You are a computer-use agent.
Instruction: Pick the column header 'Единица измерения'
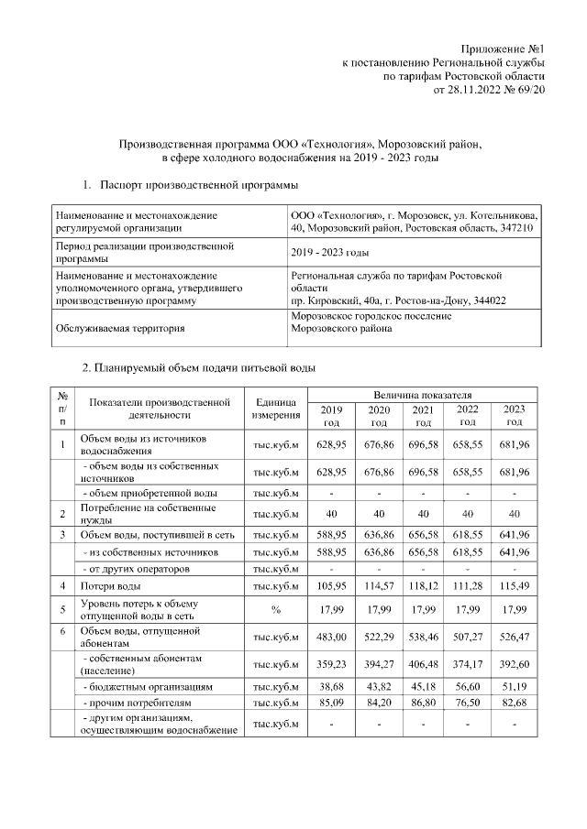[x=276, y=409]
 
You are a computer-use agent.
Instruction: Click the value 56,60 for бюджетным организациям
[x=468, y=685]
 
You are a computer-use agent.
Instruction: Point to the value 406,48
[x=423, y=664]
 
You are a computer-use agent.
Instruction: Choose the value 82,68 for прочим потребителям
[x=515, y=703]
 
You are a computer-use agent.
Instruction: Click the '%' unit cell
[x=276, y=610]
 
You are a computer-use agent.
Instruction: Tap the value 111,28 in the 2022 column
[x=468, y=585]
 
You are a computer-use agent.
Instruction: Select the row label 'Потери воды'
[x=110, y=585]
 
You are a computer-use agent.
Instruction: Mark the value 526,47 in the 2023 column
[x=515, y=638]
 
